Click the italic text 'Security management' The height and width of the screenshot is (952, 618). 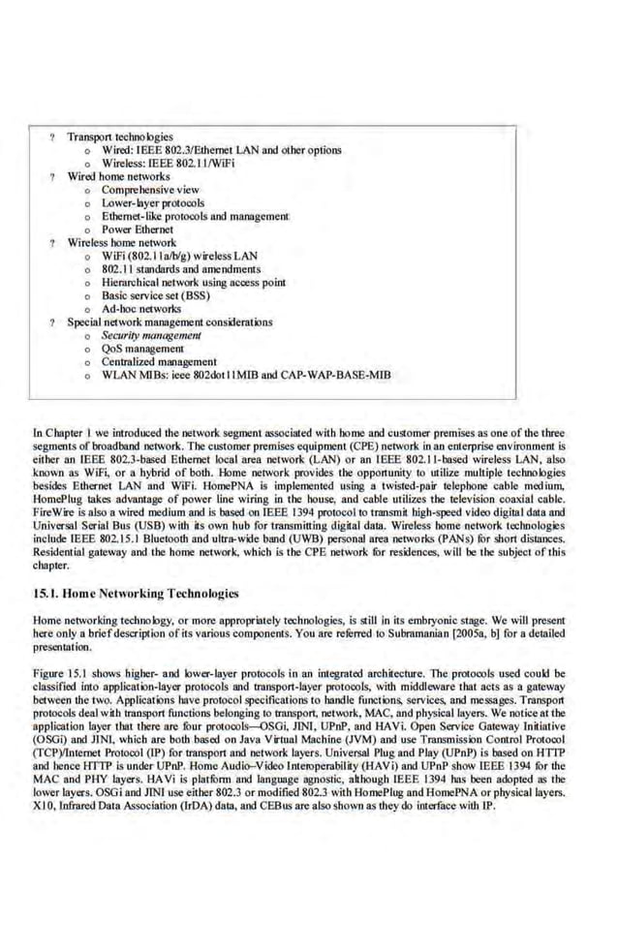coord(151,334)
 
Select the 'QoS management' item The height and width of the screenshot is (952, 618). coord(142,348)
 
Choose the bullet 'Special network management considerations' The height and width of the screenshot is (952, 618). coord(169,322)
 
